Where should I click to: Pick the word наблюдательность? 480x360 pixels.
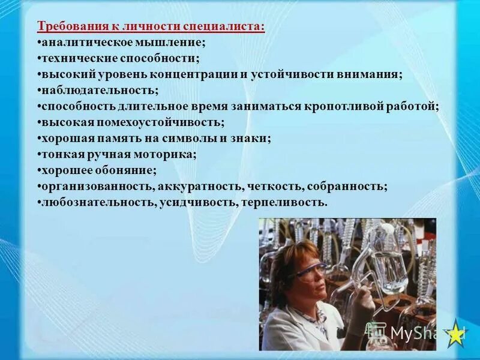[x=99, y=91]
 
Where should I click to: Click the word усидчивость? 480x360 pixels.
[x=197, y=202]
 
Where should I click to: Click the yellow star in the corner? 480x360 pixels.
[x=456, y=333]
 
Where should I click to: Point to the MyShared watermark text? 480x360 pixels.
[x=414, y=332]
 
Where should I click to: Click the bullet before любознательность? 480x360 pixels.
[x=38, y=202]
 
